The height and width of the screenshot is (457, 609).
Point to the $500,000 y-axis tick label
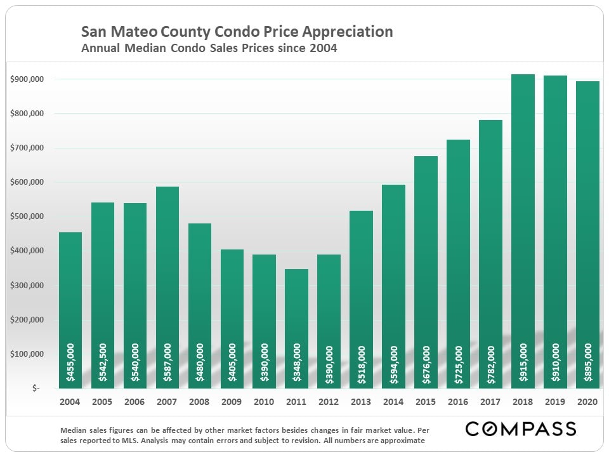(x=27, y=216)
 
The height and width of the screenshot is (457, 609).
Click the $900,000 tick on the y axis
(x=27, y=79)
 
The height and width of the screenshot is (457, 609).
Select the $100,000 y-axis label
(x=27, y=354)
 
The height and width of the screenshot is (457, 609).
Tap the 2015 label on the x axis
(x=426, y=402)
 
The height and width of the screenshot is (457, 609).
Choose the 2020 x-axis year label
(x=587, y=402)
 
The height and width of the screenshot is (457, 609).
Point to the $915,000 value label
(x=523, y=362)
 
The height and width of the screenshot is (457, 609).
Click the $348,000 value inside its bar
(x=297, y=362)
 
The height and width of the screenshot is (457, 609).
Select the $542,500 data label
(x=103, y=362)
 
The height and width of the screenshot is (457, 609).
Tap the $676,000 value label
(x=426, y=362)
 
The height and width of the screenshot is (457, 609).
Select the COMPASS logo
(x=520, y=429)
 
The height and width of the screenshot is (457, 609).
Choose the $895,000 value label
(x=587, y=362)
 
